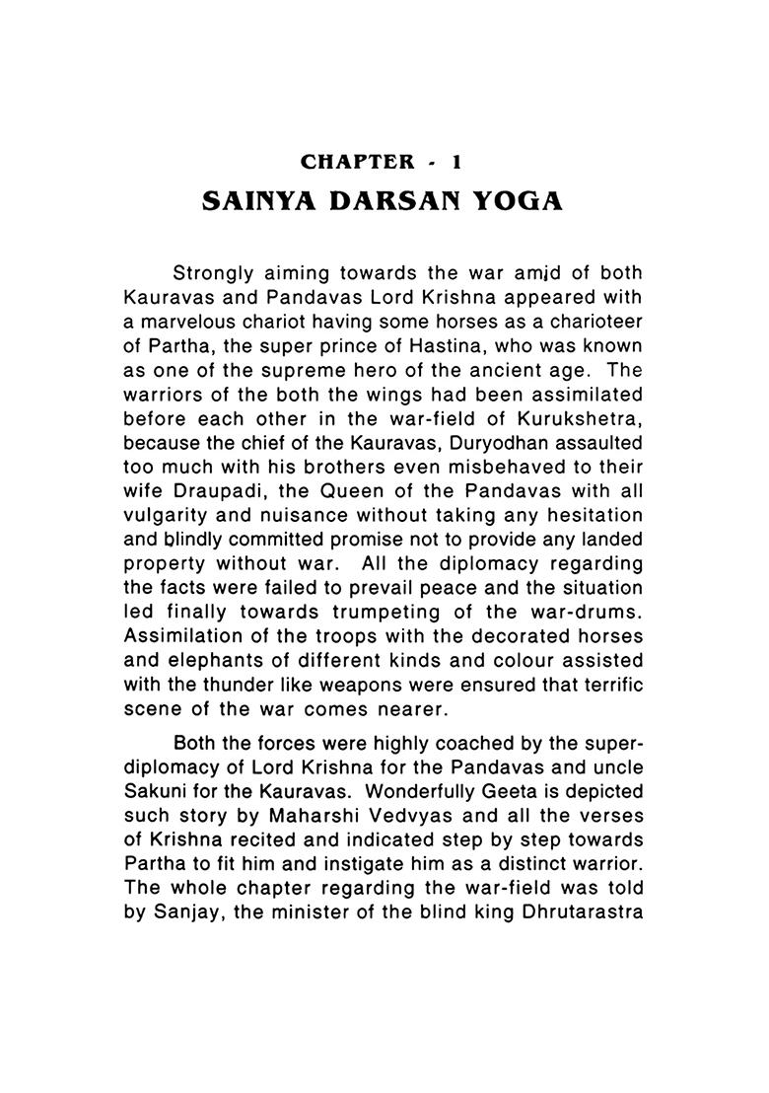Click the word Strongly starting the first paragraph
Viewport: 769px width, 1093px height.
coord(212,272)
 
